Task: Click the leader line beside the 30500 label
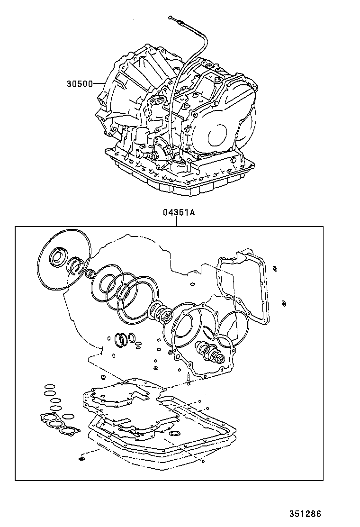pyautogui.click(x=101, y=84)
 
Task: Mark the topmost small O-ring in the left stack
pyautogui.click(x=48, y=386)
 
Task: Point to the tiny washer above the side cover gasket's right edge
pyautogui.click(x=274, y=269)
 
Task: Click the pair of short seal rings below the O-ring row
pyautogui.click(x=122, y=339)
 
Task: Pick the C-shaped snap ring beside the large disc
pyautogui.click(x=76, y=264)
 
